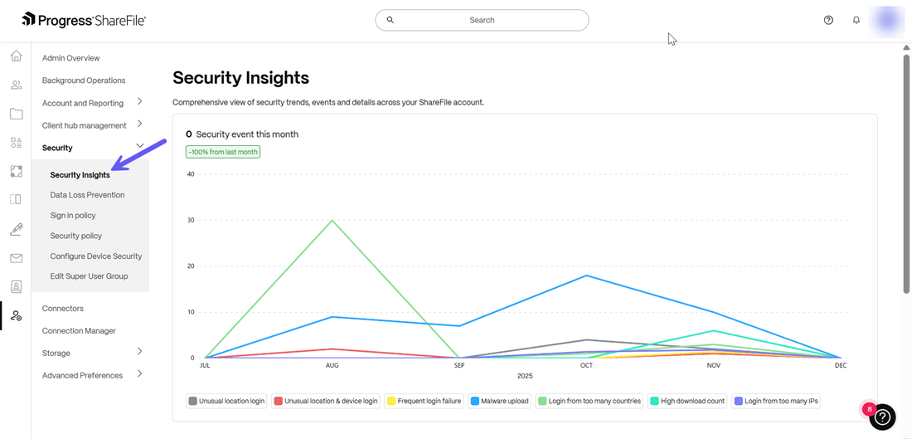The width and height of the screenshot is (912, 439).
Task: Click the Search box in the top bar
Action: tap(482, 20)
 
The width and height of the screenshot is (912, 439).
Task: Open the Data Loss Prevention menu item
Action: tap(87, 195)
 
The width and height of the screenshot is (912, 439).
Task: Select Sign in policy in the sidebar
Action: tap(73, 216)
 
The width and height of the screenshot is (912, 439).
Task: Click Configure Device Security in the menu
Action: tap(95, 256)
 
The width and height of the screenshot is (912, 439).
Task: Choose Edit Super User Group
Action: tap(89, 276)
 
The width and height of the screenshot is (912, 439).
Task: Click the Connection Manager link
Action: tap(79, 331)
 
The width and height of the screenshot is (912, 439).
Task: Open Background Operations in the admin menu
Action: tap(84, 80)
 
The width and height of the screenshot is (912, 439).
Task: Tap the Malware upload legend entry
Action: tap(499, 401)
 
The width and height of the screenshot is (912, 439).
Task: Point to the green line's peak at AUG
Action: tap(332, 220)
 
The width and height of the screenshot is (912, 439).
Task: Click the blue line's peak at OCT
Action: tap(586, 276)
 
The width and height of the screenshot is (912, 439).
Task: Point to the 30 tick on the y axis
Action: tap(191, 220)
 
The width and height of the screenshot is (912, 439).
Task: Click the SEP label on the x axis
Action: tap(459, 365)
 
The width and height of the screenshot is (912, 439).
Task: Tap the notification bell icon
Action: tap(856, 20)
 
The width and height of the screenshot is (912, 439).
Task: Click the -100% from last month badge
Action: tap(223, 152)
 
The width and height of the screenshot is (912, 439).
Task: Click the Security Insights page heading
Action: tap(240, 78)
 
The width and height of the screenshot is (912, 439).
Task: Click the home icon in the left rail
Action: tap(16, 56)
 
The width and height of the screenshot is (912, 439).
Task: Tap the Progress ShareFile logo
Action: tap(84, 20)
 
